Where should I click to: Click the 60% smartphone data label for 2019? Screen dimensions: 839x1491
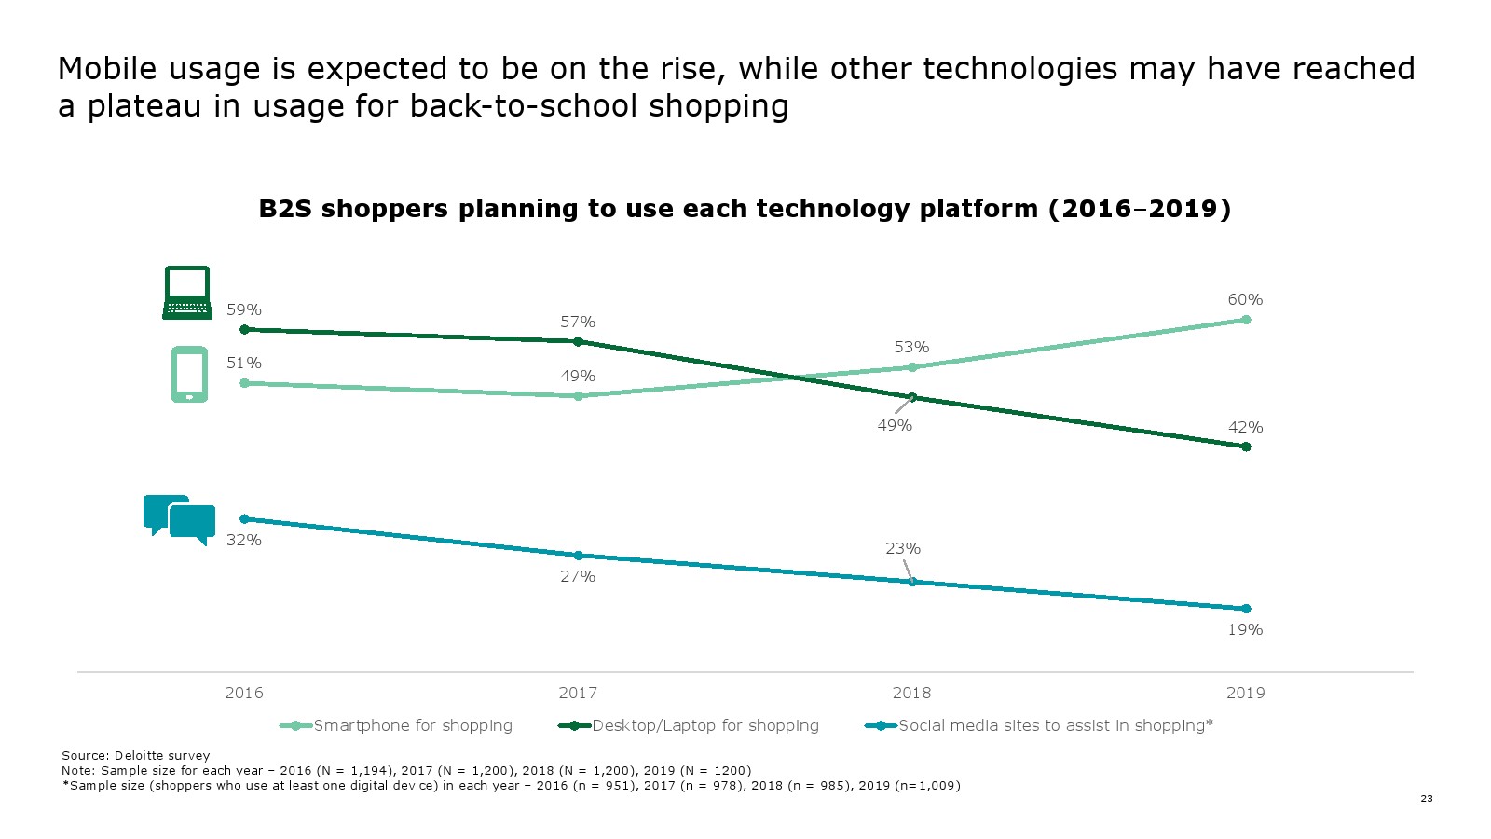pos(1245,299)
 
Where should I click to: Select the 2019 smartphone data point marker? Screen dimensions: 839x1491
pos(1246,320)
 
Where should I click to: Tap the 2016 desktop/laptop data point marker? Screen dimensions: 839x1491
pos(244,329)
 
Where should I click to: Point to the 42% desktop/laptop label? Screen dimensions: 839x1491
pos(1245,427)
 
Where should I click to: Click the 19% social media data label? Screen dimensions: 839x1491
pos(1245,629)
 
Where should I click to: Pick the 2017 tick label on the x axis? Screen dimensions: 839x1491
pos(578,693)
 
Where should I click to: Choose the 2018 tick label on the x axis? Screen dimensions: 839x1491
pos(911,693)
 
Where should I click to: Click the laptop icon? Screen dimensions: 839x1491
pos(187,293)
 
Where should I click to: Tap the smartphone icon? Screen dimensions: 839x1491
pos(189,374)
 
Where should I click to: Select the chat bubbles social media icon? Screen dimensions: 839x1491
pos(179,518)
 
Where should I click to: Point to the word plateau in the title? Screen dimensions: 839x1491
pos(144,106)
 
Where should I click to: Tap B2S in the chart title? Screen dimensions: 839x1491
pos(285,209)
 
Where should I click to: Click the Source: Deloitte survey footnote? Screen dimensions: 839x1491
pos(136,755)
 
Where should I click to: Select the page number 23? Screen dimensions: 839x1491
pos(1427,798)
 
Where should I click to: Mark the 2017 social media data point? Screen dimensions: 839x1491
pos(578,556)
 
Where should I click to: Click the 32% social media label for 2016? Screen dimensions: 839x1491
pos(244,540)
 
